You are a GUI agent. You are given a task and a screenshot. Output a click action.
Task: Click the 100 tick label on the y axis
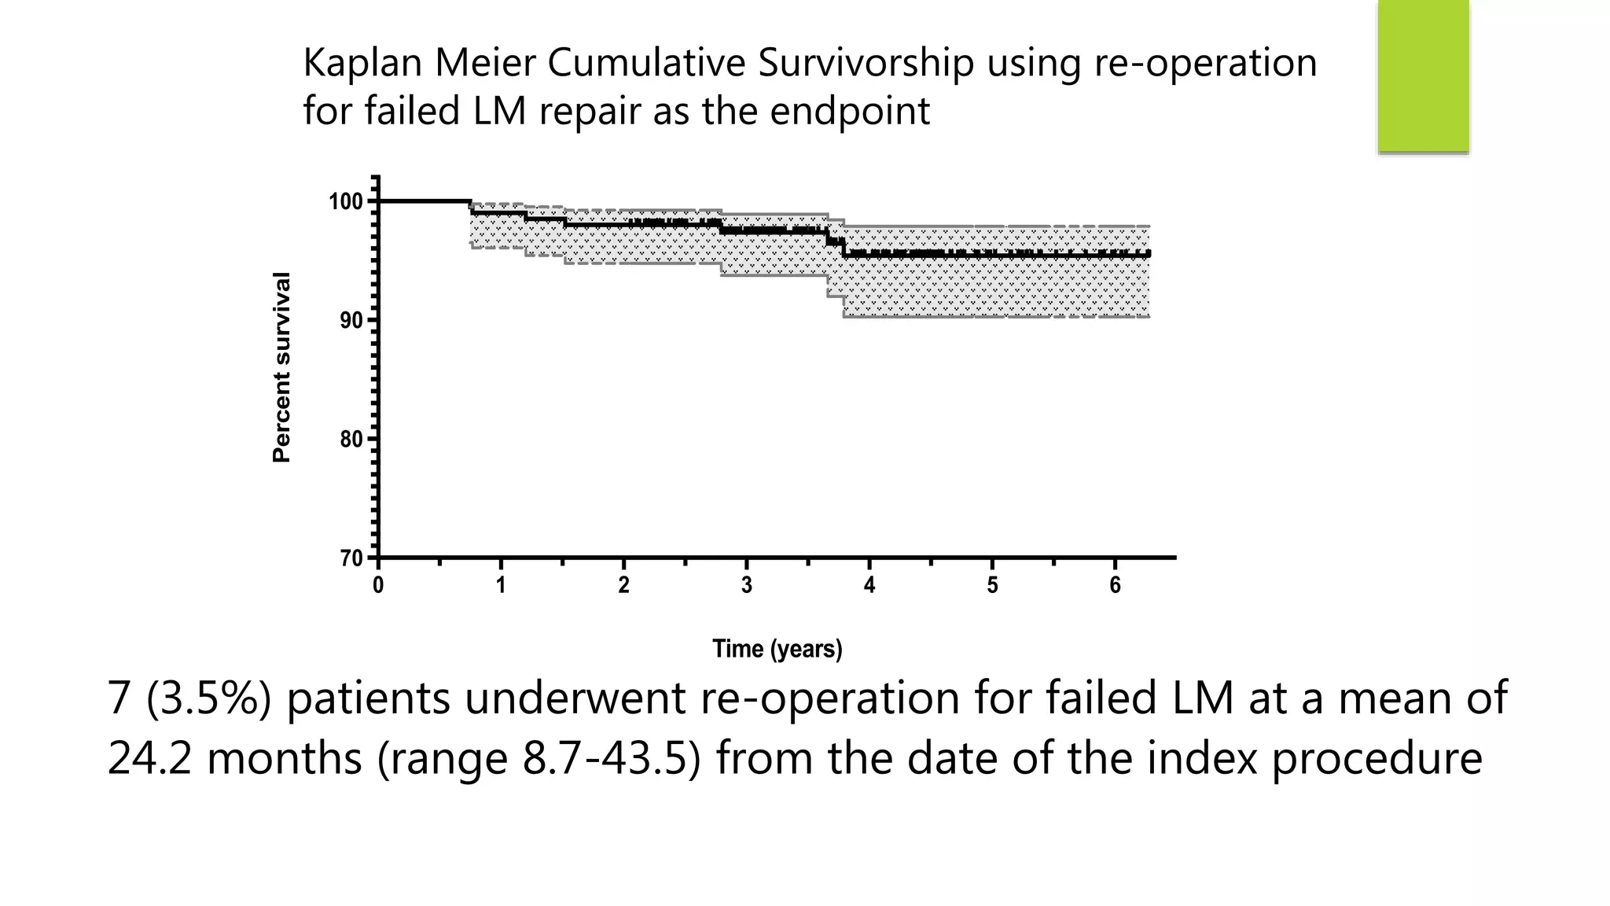coord(345,202)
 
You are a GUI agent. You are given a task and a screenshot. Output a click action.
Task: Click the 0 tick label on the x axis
coord(378,586)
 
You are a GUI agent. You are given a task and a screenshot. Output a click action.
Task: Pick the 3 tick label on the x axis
coord(747,586)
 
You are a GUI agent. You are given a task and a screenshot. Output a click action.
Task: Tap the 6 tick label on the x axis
coord(1115,586)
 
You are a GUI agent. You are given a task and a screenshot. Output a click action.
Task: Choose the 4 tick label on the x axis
coord(869,586)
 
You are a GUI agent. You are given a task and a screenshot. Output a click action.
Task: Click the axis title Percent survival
coord(281,367)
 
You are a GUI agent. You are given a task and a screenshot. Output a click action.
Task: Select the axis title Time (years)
coord(777,649)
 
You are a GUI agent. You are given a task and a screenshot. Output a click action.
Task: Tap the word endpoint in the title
coord(849,111)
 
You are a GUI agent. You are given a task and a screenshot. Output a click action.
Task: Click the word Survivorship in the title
coord(866,63)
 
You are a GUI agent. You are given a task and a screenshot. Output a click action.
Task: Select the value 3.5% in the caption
coord(208,698)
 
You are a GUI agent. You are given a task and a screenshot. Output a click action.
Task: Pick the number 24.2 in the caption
coord(149,759)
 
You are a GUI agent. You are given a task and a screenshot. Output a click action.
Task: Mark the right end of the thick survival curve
coord(1149,254)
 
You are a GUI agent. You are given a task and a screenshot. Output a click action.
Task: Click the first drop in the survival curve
coord(471,208)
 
